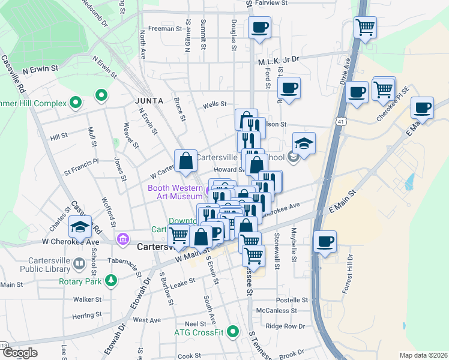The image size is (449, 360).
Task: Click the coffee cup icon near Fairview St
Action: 259,28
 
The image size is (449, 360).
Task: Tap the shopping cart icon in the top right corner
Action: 365,27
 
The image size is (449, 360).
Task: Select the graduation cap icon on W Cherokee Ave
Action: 80,227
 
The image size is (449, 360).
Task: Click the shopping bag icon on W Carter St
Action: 185,160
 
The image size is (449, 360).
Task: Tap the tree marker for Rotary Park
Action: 110,280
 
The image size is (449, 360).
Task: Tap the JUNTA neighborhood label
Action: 149,101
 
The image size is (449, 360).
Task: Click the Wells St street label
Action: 214,104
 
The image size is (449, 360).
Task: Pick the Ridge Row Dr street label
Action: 285,326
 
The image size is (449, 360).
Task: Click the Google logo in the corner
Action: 19,353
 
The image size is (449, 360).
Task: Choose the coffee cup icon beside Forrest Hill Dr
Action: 325,241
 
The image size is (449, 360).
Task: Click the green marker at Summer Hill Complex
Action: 76,103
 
